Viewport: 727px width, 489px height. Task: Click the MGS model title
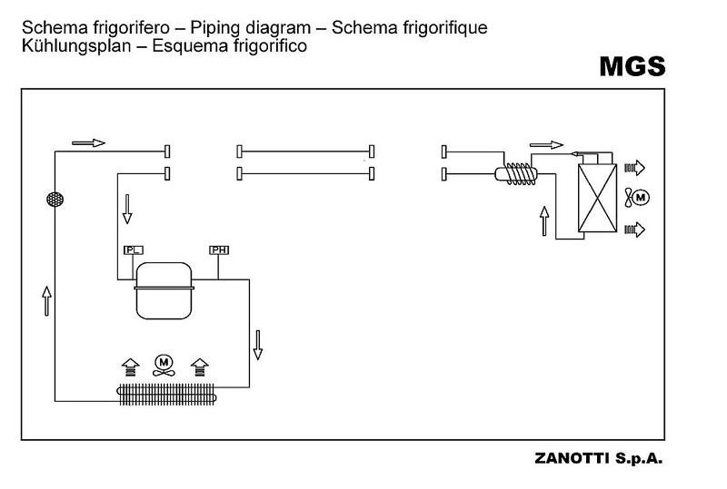(632, 66)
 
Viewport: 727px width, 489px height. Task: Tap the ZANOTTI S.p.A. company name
(601, 459)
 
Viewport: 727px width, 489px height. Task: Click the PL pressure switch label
(133, 249)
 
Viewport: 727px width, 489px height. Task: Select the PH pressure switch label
(219, 249)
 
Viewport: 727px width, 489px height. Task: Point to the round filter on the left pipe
(55, 198)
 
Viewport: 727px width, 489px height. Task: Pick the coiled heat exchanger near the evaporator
(517, 172)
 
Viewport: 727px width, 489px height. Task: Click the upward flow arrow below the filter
(45, 299)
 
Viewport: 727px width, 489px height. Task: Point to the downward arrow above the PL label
(126, 210)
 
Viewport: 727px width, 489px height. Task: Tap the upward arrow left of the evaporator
(544, 220)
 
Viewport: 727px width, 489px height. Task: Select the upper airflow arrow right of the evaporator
(634, 167)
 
